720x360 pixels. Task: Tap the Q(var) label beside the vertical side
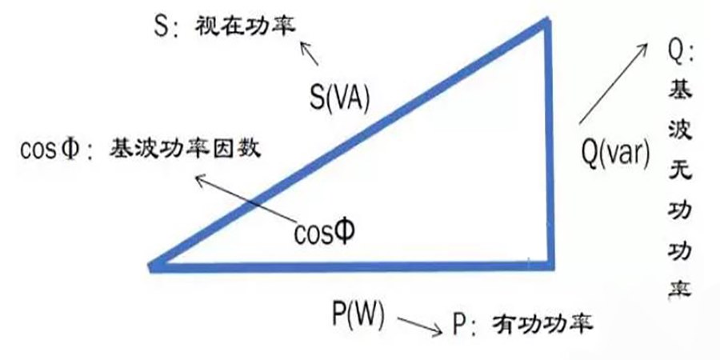[x=614, y=150]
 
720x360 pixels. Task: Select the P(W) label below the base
[x=358, y=314]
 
